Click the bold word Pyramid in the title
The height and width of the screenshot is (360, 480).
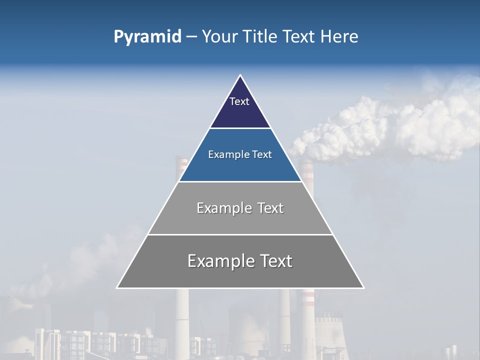tap(147, 37)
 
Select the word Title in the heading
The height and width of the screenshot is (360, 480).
tap(259, 37)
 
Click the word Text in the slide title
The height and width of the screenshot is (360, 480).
tap(299, 37)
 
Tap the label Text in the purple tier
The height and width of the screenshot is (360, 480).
tap(239, 101)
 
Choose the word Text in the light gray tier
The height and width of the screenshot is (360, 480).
tap(270, 208)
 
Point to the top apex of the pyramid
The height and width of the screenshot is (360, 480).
tap(240, 75)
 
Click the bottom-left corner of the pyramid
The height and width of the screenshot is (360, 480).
tap(117, 287)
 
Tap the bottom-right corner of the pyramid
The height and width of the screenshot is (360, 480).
tap(363, 287)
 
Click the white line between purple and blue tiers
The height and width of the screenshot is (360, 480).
tap(240, 128)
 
